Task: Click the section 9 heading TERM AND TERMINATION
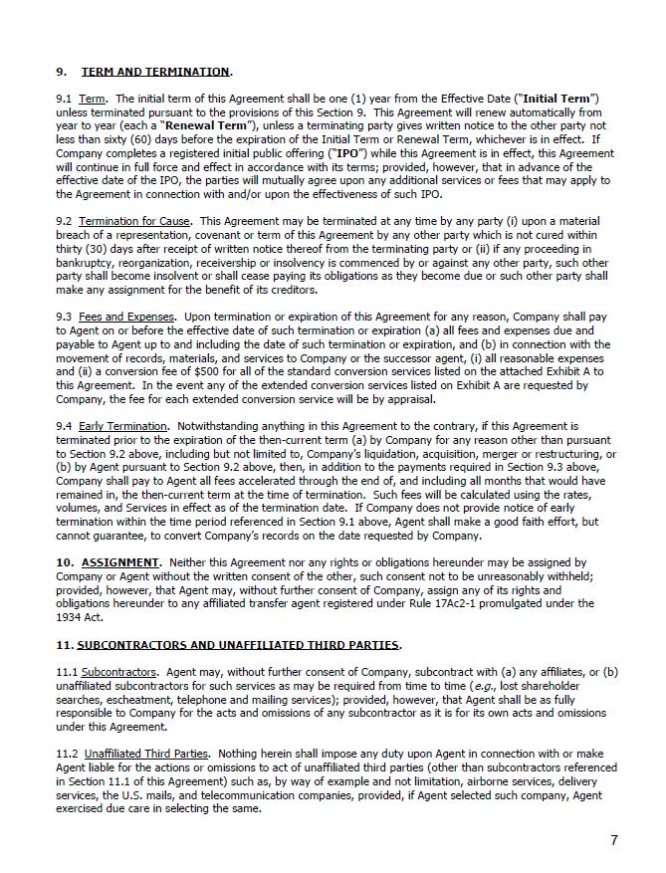(154, 72)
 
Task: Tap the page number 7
(614, 840)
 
